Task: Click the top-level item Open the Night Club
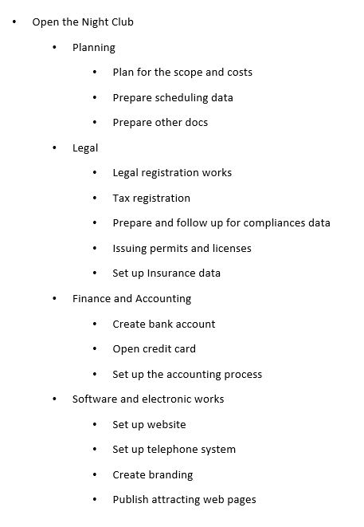(x=83, y=22)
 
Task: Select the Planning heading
(x=94, y=47)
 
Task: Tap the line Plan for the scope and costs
(x=182, y=72)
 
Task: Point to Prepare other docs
(x=160, y=122)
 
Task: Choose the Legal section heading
(x=85, y=147)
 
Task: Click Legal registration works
(x=172, y=172)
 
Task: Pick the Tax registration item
(x=151, y=198)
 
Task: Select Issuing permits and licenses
(x=182, y=248)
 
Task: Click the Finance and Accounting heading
(x=131, y=298)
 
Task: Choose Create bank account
(x=163, y=324)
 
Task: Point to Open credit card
(x=154, y=348)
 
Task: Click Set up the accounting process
(x=187, y=374)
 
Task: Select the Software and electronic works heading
(x=148, y=399)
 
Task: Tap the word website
(x=166, y=424)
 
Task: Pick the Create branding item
(x=153, y=474)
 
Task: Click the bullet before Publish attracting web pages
(x=95, y=500)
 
